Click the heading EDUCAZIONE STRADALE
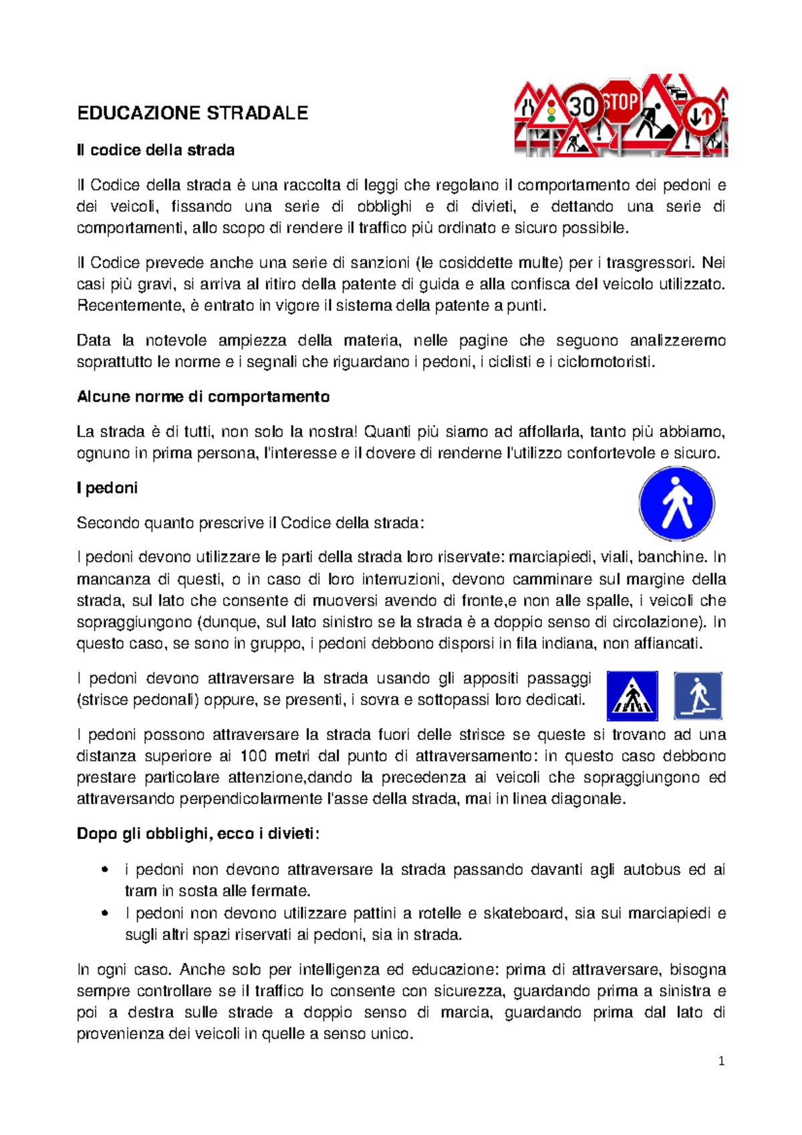[x=192, y=113]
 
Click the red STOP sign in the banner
[x=621, y=102]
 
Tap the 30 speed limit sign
[x=582, y=106]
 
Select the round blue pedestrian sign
[x=676, y=503]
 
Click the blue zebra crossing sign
[x=632, y=696]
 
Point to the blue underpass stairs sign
[x=698, y=696]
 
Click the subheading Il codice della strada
[x=156, y=150]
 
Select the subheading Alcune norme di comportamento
[x=203, y=397]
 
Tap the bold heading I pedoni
[x=107, y=488]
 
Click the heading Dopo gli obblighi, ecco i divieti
[x=198, y=834]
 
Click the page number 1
[x=721, y=1061]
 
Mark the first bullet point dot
[x=104, y=870]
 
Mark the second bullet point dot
[x=104, y=914]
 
